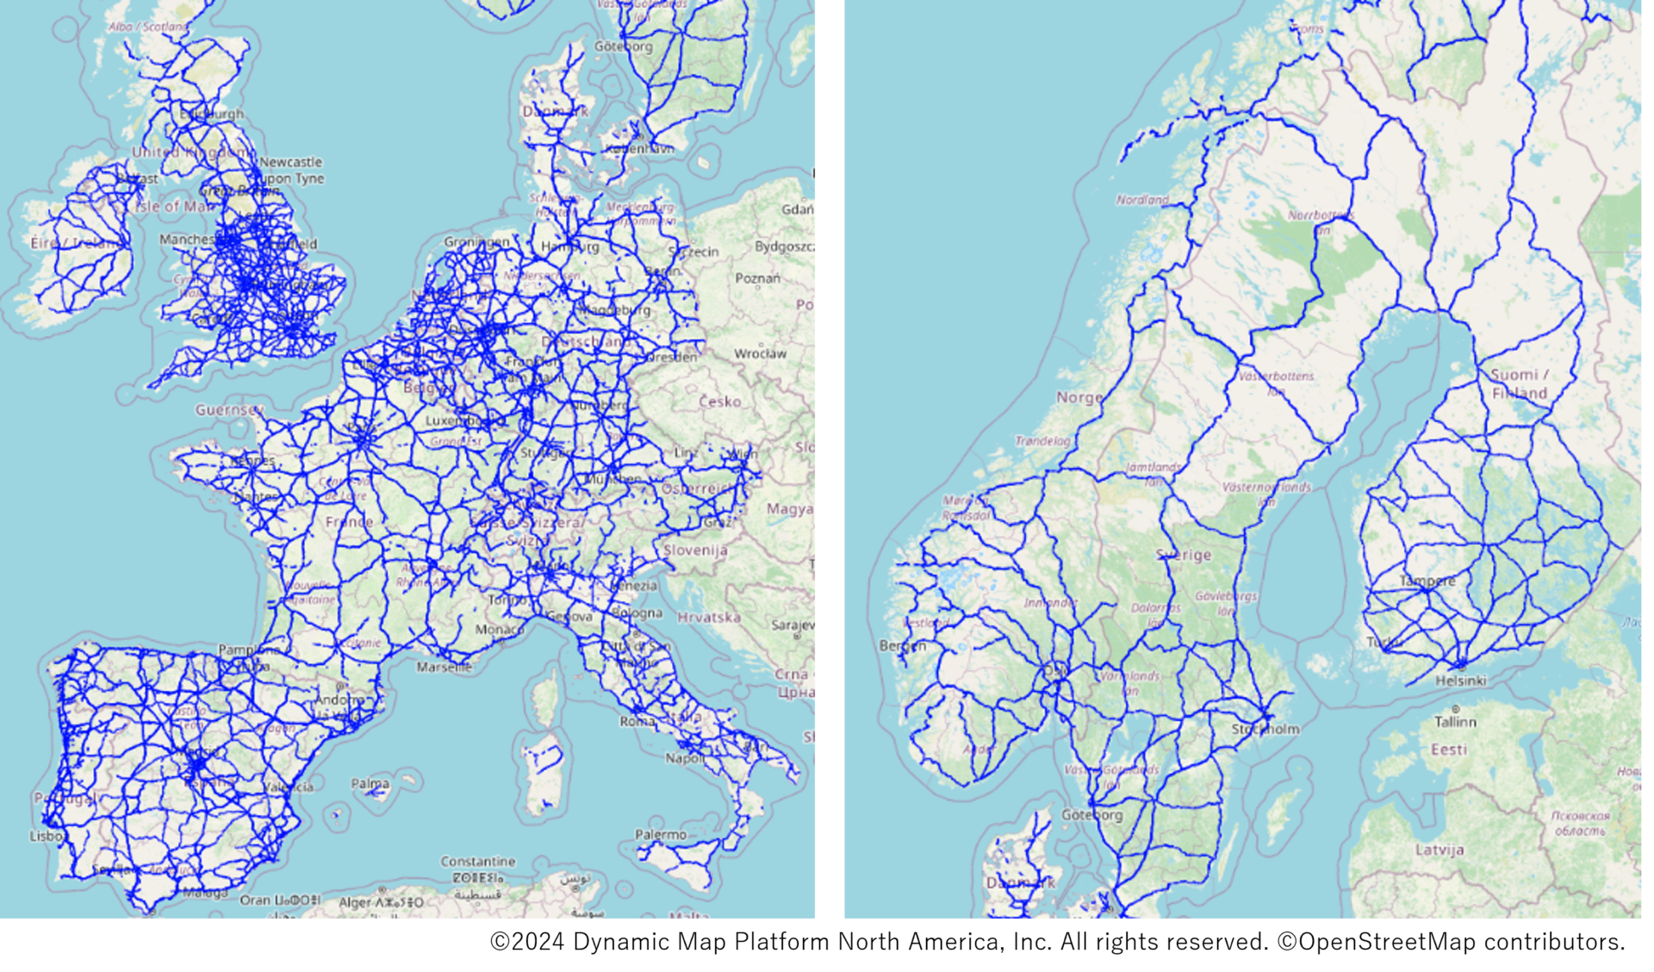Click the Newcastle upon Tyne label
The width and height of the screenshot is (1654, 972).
(x=290, y=170)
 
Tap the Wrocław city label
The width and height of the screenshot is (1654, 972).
(x=760, y=353)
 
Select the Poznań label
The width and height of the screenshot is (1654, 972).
(x=757, y=278)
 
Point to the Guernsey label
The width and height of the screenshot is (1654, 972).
(x=229, y=409)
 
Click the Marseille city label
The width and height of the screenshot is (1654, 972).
(x=444, y=666)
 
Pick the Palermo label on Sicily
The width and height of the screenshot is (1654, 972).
(x=661, y=834)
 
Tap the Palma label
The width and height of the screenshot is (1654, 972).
(x=370, y=783)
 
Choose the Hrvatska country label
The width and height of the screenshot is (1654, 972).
(x=709, y=617)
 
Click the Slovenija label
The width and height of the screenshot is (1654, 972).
(x=695, y=550)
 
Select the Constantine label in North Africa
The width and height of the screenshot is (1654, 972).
(x=478, y=861)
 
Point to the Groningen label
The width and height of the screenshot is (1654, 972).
(x=476, y=242)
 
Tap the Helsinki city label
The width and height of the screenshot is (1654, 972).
(x=1460, y=680)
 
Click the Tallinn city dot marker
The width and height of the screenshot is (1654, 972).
(x=1456, y=709)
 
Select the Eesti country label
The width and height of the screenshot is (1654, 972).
(x=1449, y=750)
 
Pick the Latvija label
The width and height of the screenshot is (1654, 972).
(x=1439, y=850)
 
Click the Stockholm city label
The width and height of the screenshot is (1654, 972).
(x=1265, y=729)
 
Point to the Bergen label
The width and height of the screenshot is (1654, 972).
(x=903, y=645)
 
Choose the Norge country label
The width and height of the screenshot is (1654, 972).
(x=1079, y=397)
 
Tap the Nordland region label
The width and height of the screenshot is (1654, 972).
(x=1142, y=200)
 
